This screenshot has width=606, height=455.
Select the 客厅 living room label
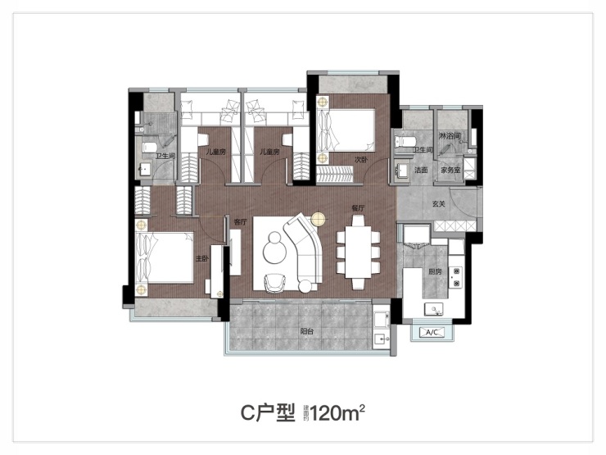239,221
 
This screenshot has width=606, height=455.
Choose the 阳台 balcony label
307,333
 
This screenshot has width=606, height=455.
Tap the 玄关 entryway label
438,204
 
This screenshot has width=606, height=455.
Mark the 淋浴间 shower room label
450,135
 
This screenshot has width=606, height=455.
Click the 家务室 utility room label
451,171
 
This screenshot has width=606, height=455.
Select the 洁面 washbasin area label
422,171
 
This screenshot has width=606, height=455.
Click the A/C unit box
432,332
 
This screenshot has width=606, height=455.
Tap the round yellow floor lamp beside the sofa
319,219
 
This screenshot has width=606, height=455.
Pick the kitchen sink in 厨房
433,308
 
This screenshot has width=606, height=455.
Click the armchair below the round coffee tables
274,282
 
